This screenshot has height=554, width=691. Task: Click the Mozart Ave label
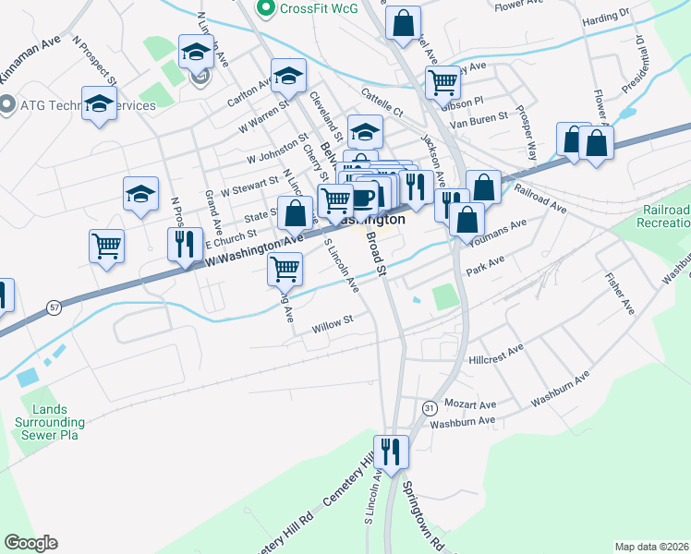[470, 404]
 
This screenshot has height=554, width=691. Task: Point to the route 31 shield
[429, 407]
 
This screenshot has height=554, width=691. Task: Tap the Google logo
[30, 543]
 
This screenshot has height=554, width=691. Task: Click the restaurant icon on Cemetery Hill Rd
[392, 452]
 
